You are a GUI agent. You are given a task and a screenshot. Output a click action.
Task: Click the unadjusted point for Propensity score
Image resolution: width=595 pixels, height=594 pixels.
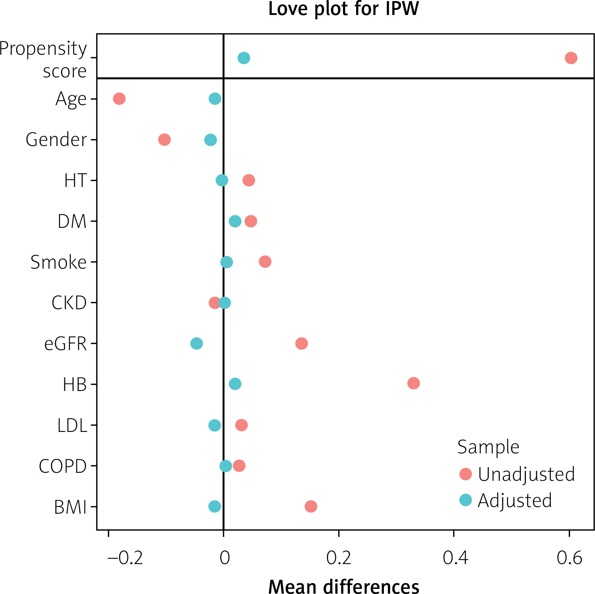571,58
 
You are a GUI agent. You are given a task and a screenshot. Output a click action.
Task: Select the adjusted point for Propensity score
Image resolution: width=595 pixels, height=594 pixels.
244,58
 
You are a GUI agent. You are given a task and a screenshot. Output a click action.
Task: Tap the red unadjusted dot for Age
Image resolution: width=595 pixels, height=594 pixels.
119,99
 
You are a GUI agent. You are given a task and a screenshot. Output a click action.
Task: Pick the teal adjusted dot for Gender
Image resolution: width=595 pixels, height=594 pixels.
210,140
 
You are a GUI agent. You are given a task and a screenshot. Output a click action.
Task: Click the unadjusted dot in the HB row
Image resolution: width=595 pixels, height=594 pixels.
413,383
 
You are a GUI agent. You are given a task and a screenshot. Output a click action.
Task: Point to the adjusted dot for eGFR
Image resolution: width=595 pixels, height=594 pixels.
197,344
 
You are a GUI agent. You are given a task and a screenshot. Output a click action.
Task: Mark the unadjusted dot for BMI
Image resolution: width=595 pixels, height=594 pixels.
311,506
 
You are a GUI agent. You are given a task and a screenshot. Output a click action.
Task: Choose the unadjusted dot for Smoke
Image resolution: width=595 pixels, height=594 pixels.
265,262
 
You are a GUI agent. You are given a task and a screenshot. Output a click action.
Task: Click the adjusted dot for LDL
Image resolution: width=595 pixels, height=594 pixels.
215,425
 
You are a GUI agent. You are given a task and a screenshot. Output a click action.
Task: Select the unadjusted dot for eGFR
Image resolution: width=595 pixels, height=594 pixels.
301,344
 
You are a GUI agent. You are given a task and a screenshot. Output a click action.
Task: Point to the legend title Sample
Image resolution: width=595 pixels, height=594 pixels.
488,447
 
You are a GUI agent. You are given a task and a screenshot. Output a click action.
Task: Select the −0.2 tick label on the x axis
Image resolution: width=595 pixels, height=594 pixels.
125,558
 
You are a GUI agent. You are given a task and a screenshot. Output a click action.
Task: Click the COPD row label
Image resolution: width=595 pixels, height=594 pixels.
63,466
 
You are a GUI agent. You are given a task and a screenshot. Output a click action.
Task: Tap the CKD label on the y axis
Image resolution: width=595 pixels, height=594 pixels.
69,303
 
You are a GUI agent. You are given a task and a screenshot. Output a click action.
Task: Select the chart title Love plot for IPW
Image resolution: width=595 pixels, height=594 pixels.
343,9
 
